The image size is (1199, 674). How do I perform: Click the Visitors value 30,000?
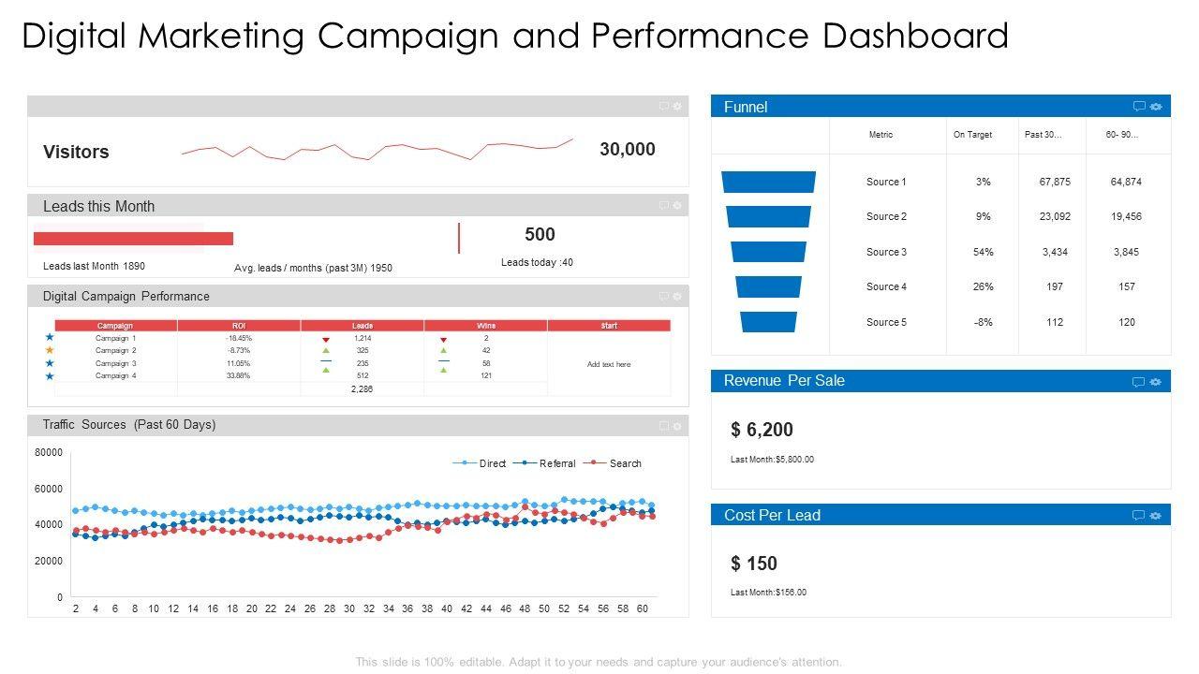pos(627,150)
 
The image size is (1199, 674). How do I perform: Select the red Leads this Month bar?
pos(133,239)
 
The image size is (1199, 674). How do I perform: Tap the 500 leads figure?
pos(540,235)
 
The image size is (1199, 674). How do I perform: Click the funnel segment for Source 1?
pos(768,182)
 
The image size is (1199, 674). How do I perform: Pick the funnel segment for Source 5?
pos(768,322)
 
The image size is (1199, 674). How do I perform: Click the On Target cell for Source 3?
pos(983,252)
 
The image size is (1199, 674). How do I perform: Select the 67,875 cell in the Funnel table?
pos(1055,182)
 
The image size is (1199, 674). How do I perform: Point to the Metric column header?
pos(881,135)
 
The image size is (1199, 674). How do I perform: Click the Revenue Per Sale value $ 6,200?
pos(762,430)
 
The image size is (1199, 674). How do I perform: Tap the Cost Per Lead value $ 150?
pos(754,564)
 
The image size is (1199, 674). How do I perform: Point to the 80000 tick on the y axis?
pos(49,453)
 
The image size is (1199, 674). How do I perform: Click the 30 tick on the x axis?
pos(349,608)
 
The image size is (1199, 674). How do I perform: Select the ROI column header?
pos(238,326)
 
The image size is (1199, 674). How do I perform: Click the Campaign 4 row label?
pos(115,375)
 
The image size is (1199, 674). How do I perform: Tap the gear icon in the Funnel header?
pos(1156,107)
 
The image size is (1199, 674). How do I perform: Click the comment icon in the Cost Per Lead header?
pos(1138,515)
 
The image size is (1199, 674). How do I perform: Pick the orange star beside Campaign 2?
pos(50,350)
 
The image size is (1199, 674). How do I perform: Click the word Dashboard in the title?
pos(915,37)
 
